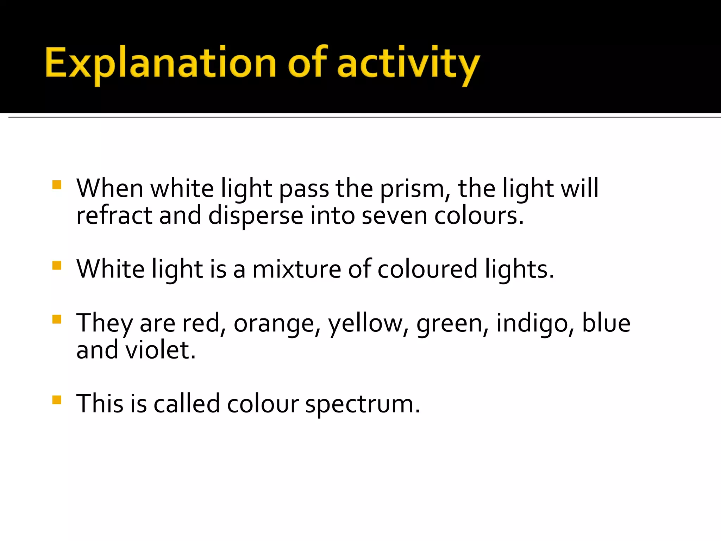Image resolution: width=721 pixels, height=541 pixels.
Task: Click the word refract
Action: click(x=114, y=216)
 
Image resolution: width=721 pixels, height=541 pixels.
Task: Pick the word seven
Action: click(x=394, y=216)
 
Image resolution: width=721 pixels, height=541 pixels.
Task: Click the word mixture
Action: click(x=297, y=269)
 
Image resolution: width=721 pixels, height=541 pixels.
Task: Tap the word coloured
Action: click(x=427, y=269)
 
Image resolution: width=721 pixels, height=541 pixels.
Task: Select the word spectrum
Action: click(x=362, y=404)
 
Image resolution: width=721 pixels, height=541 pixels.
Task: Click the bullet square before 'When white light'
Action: click(x=57, y=185)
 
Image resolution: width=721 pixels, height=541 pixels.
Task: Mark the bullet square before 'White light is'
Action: click(x=57, y=265)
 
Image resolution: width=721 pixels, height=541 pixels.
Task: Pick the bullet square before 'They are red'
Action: click(x=57, y=319)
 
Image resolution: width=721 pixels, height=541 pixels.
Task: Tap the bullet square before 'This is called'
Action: click(x=57, y=400)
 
